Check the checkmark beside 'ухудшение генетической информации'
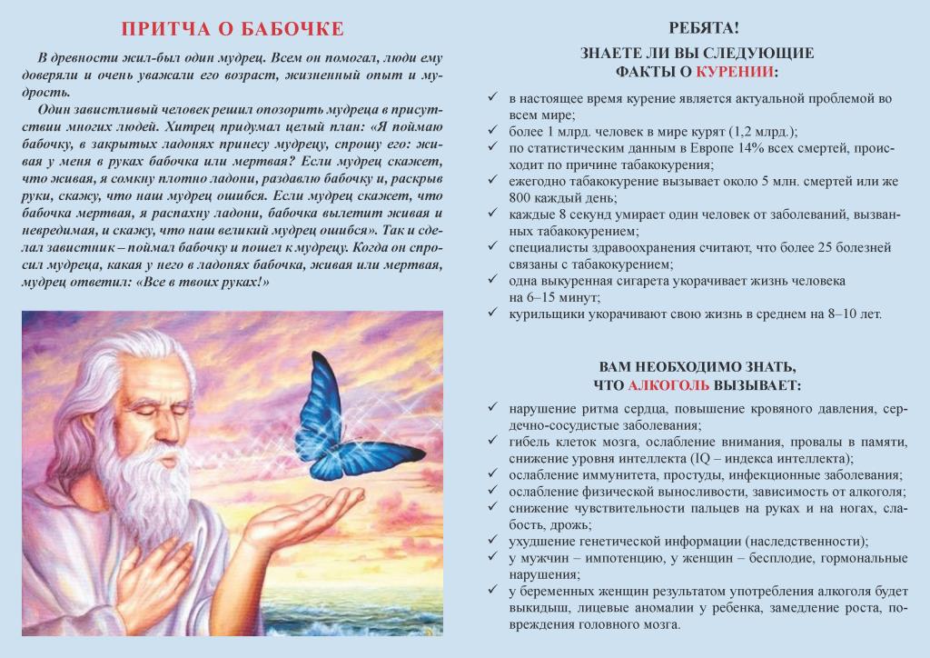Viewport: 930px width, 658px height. (x=493, y=541)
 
